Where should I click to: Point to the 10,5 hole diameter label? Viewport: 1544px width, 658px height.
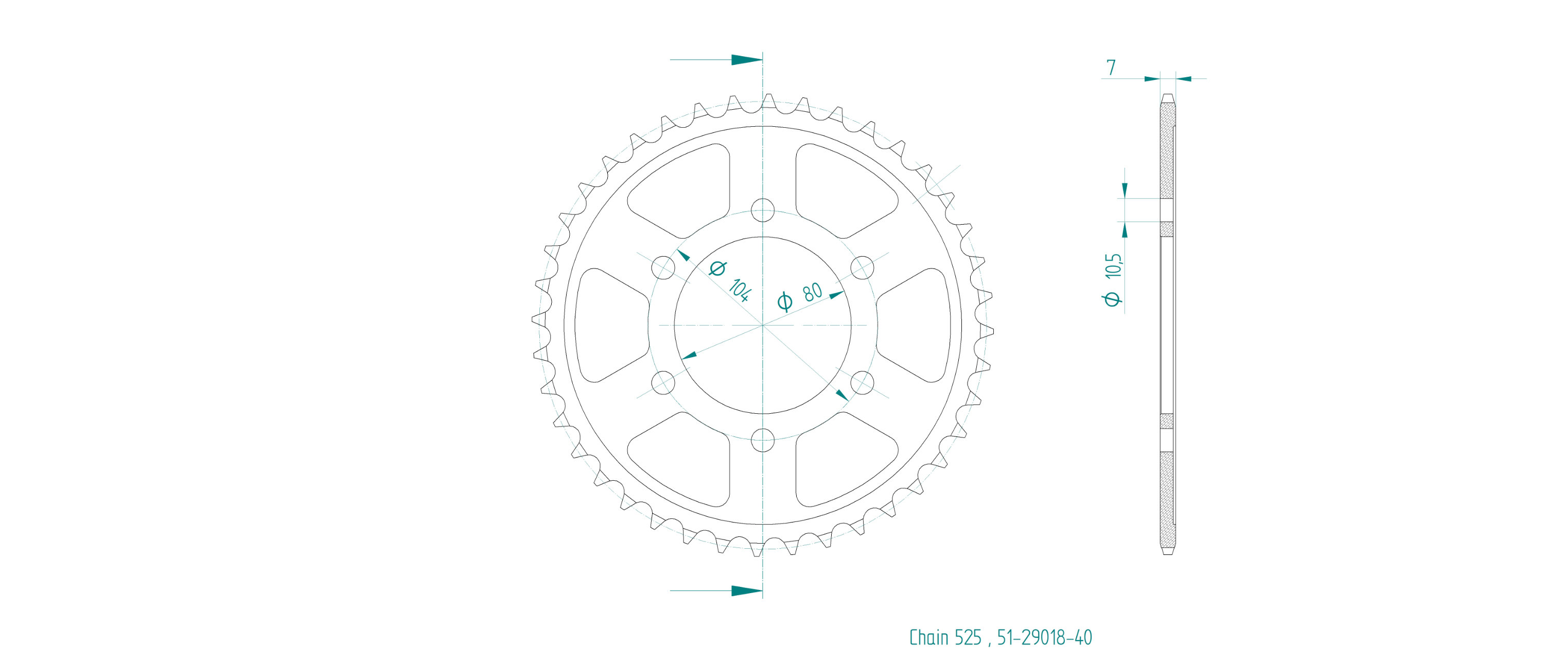click(1114, 266)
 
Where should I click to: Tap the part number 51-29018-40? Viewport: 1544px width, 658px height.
click(1045, 637)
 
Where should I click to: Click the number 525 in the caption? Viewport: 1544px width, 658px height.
click(968, 637)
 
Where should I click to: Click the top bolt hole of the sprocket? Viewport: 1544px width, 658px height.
click(762, 211)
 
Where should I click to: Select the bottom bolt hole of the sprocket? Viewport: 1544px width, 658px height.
click(762, 440)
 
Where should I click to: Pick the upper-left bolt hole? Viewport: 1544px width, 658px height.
click(663, 267)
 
